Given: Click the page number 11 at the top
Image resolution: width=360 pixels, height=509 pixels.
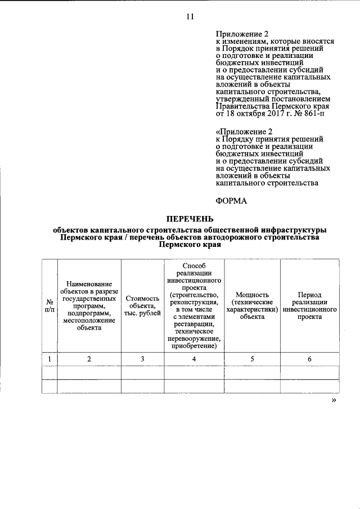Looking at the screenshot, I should coord(190,16).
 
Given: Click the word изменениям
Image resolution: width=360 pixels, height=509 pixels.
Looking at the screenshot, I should coord(243,42).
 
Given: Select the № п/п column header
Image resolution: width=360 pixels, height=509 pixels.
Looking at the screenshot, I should coord(49,305).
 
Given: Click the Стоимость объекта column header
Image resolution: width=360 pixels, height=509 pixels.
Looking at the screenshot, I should coord(142,305).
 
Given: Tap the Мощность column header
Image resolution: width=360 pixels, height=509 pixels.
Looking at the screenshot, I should coord(252,305).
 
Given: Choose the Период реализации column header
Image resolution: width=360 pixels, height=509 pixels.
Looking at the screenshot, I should coord(310,305).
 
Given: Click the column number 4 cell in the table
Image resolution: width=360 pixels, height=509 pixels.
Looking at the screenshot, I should coord(194,359).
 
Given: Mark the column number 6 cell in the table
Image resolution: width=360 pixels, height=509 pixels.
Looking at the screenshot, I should coord(310,359).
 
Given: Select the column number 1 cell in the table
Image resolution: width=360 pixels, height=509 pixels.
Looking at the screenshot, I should coord(49,359).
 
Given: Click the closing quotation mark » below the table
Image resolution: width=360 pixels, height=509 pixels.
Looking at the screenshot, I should coord(334,401).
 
